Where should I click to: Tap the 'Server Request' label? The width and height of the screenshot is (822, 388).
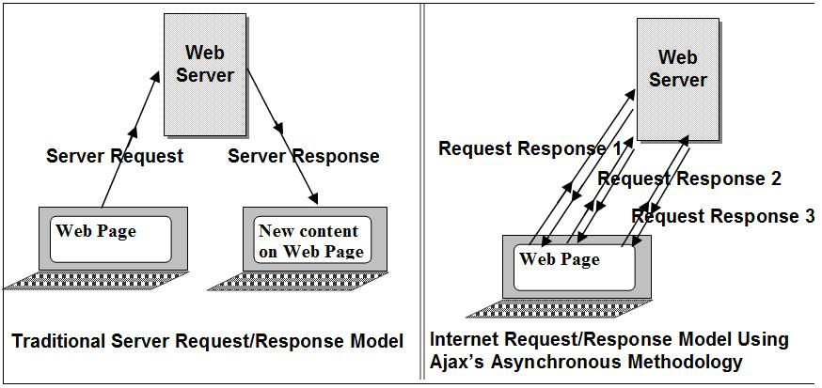(x=115, y=156)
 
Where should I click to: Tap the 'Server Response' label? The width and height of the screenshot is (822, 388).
(x=303, y=156)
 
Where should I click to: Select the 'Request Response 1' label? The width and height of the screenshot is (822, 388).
(x=530, y=148)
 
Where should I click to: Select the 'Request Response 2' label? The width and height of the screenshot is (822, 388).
(x=689, y=178)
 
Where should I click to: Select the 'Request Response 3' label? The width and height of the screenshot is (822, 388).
(x=722, y=216)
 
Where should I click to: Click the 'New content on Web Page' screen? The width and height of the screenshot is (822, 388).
(x=309, y=241)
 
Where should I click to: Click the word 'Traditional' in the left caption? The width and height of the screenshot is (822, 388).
(x=57, y=341)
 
